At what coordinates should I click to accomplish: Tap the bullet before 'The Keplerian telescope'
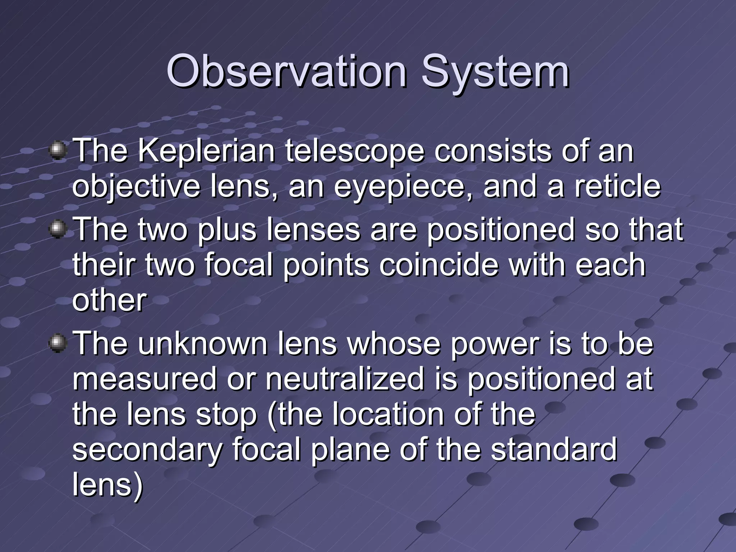(57, 151)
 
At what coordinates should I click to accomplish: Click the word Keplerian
(206, 151)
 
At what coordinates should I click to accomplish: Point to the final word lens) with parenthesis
(108, 484)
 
